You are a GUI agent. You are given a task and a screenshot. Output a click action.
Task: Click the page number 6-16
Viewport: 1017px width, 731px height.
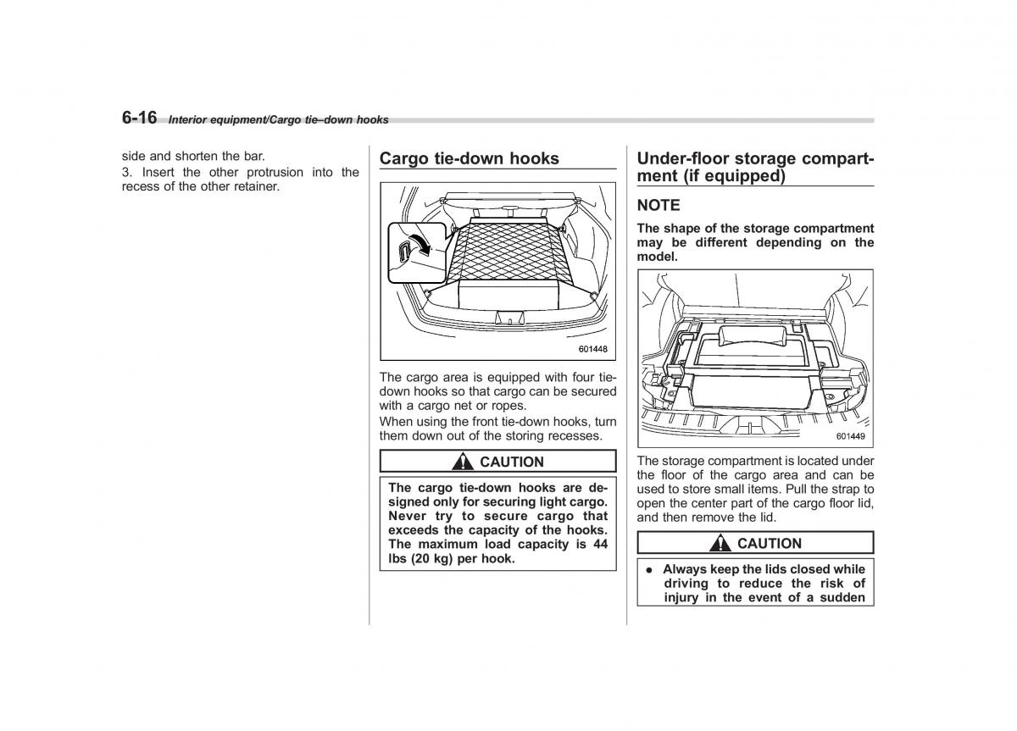139,118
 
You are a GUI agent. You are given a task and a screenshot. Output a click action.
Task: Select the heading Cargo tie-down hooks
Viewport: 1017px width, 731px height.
469,158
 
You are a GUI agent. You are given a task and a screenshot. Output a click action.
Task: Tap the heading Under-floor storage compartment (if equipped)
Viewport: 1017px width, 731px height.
754,167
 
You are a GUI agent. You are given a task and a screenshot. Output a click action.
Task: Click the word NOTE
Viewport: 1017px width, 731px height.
659,205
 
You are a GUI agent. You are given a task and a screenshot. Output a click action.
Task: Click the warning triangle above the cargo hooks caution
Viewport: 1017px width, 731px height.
463,462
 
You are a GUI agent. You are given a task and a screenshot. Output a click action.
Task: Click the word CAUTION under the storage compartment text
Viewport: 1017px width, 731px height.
769,544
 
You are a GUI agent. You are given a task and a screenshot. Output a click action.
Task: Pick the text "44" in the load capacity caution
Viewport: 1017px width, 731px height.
599,544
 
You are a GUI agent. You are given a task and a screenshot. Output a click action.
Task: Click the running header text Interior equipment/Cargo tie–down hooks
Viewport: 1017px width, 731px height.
278,120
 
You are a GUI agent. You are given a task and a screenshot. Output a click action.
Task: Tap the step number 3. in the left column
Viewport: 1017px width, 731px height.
127,172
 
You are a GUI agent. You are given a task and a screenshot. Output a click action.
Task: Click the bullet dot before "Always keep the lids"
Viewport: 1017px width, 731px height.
647,570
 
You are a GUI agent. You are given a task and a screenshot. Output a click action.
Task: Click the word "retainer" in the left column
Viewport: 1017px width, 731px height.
255,186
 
